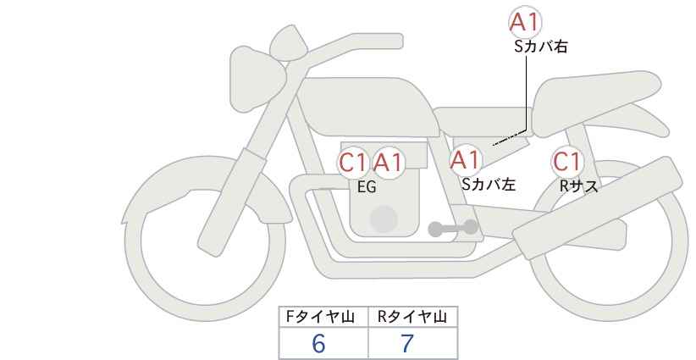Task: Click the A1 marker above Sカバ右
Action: click(x=525, y=22)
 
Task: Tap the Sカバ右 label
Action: click(x=541, y=47)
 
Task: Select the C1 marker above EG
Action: click(x=354, y=163)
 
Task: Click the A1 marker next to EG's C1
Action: click(x=388, y=163)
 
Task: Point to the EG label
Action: click(x=367, y=187)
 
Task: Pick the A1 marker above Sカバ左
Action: click(x=465, y=160)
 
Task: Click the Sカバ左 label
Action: click(x=489, y=184)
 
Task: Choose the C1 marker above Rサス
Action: click(x=566, y=162)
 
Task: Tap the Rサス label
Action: click(x=578, y=186)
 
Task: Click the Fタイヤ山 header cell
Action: click(x=323, y=317)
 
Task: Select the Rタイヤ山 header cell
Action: click(x=413, y=317)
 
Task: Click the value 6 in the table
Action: click(x=318, y=343)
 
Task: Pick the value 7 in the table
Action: click(x=407, y=343)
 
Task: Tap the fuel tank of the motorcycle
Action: click(x=368, y=106)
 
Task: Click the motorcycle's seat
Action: click(x=598, y=103)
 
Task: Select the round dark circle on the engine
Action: click(x=384, y=219)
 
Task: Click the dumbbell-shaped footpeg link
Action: click(x=453, y=228)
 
